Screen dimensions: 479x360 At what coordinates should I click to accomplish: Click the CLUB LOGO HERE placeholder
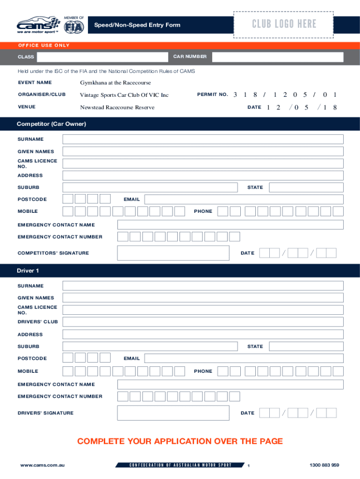coord(284,24)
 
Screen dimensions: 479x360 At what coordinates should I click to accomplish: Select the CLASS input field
coord(102,57)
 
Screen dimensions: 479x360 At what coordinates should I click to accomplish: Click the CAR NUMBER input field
coord(277,57)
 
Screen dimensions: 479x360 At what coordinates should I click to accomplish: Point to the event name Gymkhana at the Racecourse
coord(115,83)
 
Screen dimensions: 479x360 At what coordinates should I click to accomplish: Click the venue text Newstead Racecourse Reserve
coord(117,107)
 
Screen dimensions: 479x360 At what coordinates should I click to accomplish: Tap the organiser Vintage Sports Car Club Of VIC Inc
coord(124,95)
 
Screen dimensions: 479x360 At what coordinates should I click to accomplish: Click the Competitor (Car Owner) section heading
coord(51,124)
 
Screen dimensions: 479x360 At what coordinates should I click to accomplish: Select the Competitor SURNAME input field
coord(203,139)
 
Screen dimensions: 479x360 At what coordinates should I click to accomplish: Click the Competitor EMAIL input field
coord(244,199)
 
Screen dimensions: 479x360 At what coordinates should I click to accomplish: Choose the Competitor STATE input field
coord(306,188)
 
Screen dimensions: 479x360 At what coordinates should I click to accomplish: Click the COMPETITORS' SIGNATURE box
coord(173,253)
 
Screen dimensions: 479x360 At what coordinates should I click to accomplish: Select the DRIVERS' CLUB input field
coord(203,322)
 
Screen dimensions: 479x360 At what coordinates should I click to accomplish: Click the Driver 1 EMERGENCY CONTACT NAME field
coord(230,385)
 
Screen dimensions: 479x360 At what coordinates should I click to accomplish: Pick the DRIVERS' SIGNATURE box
coord(173,413)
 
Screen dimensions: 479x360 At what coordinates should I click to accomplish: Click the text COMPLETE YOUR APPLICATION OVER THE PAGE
coord(180,441)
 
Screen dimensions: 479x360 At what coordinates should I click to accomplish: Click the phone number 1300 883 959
coord(324,465)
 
